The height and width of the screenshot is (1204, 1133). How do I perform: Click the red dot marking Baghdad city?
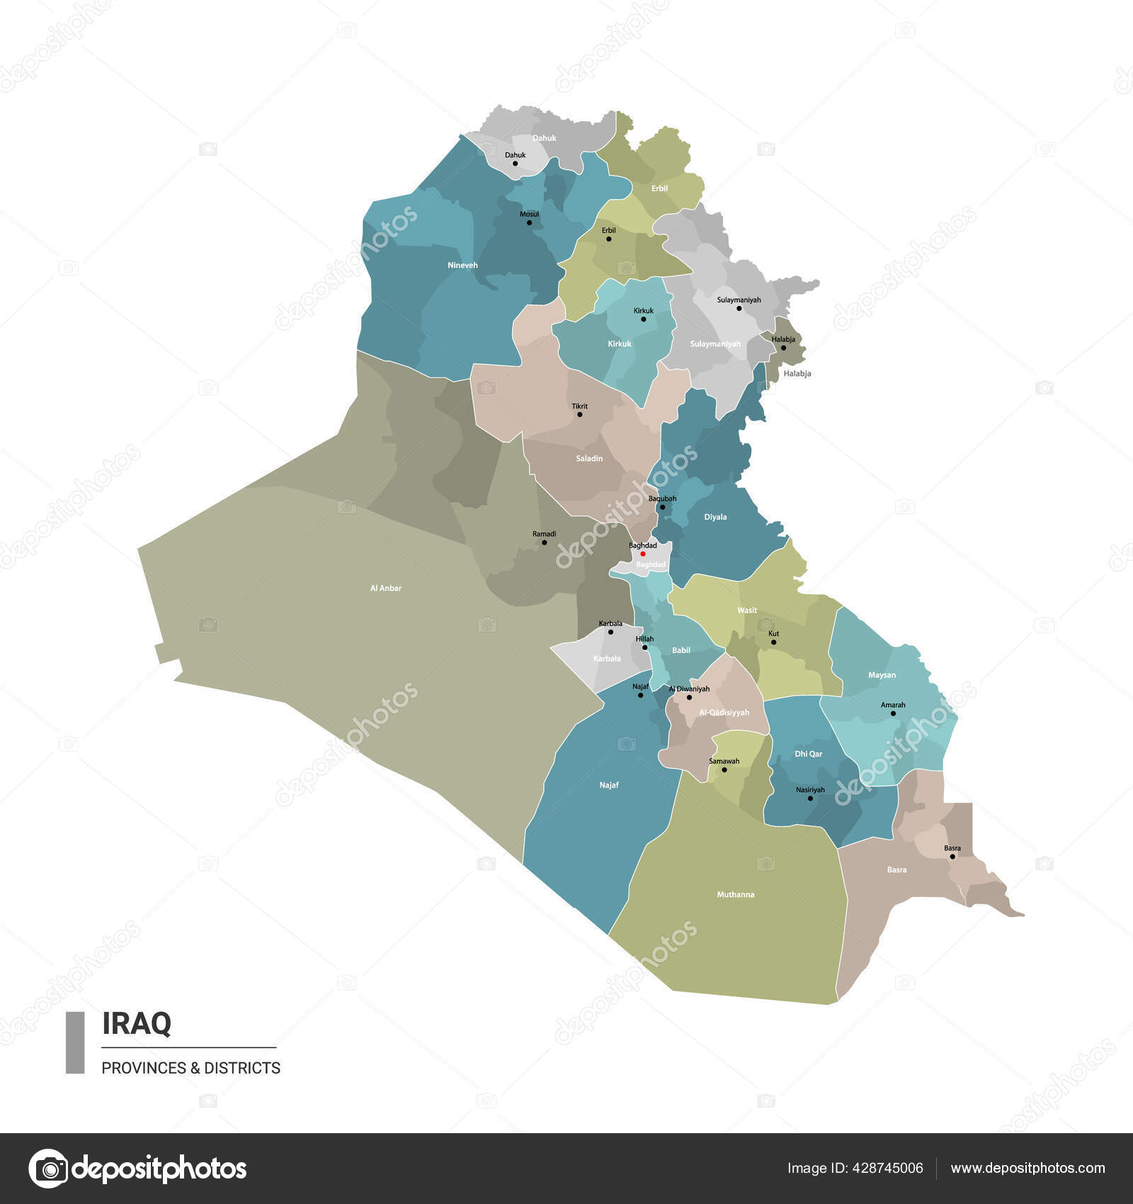(643, 554)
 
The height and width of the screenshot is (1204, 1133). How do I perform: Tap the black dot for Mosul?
(529, 223)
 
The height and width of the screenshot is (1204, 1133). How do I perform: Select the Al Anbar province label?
(386, 588)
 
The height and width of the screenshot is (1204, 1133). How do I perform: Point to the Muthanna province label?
(735, 895)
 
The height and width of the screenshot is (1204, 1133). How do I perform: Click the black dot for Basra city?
(952, 856)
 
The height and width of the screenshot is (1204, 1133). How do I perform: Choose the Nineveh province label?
(462, 266)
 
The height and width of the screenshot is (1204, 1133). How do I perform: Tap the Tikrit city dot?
(580, 414)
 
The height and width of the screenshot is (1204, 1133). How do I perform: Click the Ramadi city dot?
(545, 543)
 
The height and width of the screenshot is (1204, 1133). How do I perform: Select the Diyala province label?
(715, 517)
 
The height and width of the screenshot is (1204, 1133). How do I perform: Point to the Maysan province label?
(882, 675)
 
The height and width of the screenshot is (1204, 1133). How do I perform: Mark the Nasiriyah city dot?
(811, 798)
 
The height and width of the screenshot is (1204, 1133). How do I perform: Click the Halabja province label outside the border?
(797, 373)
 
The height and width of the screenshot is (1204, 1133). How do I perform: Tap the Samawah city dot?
(724, 769)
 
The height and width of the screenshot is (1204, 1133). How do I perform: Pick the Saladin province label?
(589, 458)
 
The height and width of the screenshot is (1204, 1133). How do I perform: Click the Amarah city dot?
(893, 713)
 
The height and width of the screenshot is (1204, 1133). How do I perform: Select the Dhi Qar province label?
(808, 754)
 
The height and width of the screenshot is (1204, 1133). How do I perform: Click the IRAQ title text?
(137, 1023)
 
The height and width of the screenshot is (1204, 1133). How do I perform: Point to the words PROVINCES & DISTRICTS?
(190, 1068)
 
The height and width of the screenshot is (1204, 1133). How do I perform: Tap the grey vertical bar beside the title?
(75, 1043)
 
